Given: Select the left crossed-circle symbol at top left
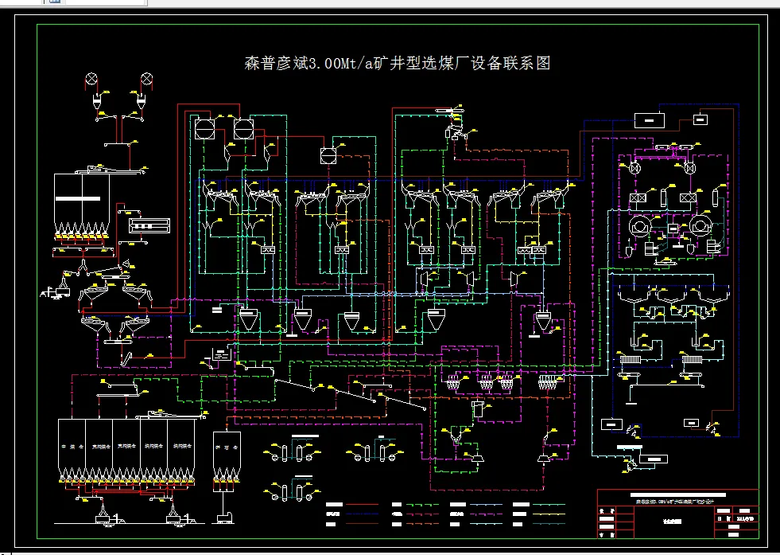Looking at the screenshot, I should coord(92,79).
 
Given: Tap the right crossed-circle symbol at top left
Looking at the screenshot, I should coord(147,79).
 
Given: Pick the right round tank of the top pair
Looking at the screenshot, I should coord(243,128).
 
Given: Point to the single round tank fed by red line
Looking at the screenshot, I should coord(328,156).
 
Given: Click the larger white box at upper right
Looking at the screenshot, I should coord(650,119).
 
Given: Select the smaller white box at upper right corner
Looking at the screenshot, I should coord(700,119).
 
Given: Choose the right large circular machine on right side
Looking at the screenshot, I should coord(700,226).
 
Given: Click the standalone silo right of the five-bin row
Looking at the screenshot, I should coord(227,454).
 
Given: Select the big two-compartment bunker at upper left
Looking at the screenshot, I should coord(80,199).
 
